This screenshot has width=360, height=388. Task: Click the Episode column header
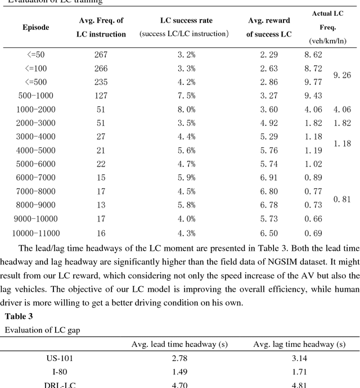point(35,27)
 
